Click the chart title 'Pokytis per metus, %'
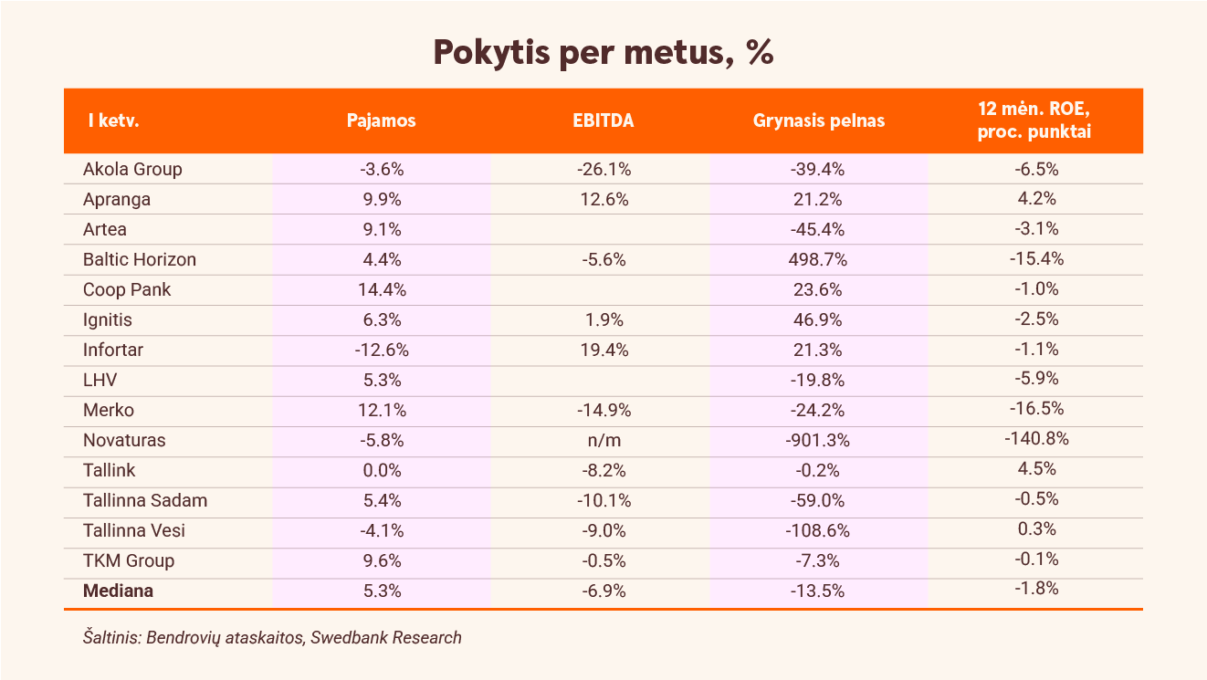[603, 53]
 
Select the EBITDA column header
[603, 120]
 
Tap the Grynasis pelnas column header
[818, 120]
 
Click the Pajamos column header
[381, 120]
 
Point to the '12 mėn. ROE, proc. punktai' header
[1034, 120]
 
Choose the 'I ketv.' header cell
[114, 120]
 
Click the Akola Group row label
[132, 170]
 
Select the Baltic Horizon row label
[140, 260]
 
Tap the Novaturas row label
[124, 440]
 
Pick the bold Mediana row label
[118, 591]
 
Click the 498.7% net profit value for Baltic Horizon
[818, 260]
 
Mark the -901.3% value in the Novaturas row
[817, 440]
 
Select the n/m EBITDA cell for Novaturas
[604, 441]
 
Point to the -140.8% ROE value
[1036, 439]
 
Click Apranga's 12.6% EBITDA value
[604, 200]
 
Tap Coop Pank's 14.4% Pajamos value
[382, 290]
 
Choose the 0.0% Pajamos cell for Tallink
[382, 470]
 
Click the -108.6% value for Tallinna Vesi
[817, 530]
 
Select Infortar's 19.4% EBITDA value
[604, 350]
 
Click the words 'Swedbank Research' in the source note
[386, 638]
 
